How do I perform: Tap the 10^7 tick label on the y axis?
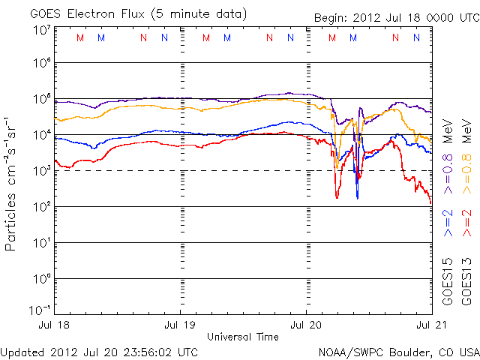pyautogui.click(x=40, y=30)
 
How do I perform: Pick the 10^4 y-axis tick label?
pyautogui.click(x=40, y=135)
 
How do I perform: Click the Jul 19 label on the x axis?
pyautogui.click(x=180, y=326)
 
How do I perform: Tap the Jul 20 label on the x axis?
pyautogui.click(x=306, y=326)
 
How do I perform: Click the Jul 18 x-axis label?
pyautogui.click(x=55, y=326)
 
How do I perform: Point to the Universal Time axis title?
pyautogui.click(x=241, y=337)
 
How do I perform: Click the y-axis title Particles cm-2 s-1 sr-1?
pyautogui.click(x=12, y=183)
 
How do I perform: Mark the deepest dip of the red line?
pyautogui.click(x=337, y=197)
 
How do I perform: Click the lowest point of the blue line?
pyautogui.click(x=357, y=198)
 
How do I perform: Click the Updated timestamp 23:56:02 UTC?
pyautogui.click(x=154, y=351)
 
